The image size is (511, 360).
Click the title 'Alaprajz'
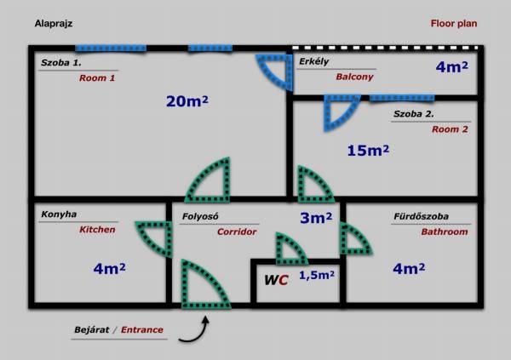[54, 24]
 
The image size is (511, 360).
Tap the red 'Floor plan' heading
[454, 24]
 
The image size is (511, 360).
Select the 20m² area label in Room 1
[187, 101]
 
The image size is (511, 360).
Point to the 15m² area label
[368, 150]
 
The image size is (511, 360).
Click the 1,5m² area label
[317, 275]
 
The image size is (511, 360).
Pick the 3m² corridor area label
[316, 218]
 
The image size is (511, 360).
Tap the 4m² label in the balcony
[451, 66]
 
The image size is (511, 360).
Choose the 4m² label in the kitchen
[109, 268]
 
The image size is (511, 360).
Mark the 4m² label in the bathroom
[409, 268]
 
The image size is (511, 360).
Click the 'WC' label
[276, 280]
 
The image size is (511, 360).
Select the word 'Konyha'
[59, 214]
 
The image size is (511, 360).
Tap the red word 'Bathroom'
[445, 231]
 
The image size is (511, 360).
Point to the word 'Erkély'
[313, 61]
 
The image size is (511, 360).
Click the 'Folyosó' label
[200, 216]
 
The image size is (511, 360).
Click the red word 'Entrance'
[142, 329]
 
